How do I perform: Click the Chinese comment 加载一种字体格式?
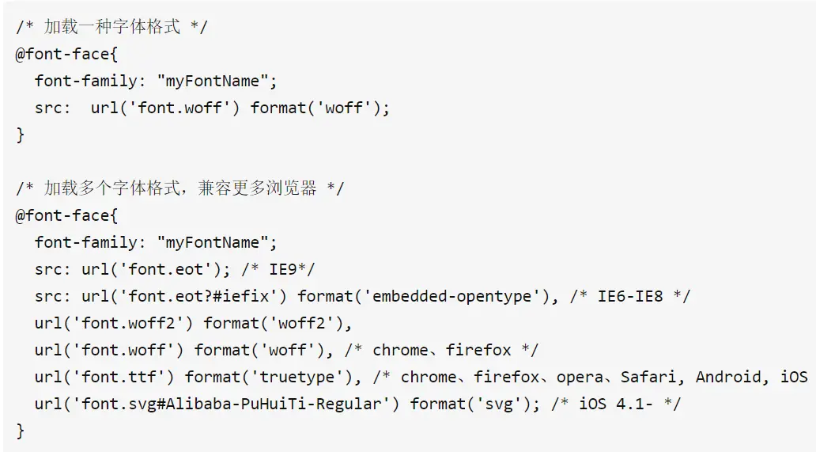[111, 27]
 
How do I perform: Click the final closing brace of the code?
[21, 431]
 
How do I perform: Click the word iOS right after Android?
[793, 377]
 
